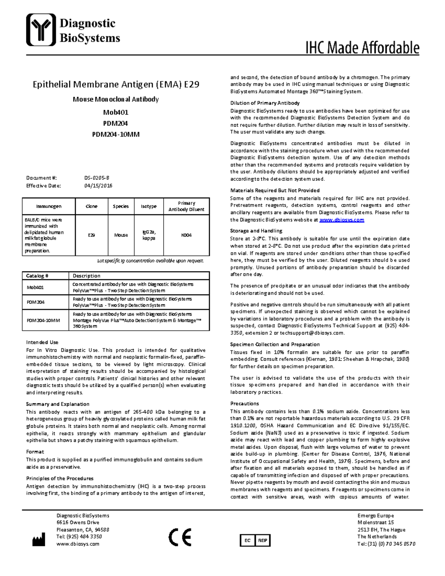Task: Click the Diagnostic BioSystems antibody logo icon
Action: (41, 30)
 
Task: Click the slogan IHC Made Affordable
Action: (362, 48)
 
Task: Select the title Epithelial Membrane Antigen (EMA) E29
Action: (116, 85)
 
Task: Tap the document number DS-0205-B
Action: (96, 178)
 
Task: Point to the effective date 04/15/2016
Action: (98, 186)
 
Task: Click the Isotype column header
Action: (148, 206)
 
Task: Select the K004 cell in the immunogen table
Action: (186, 235)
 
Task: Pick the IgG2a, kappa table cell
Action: (149, 235)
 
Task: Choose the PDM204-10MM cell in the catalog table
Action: (43, 320)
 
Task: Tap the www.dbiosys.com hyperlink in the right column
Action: (342, 220)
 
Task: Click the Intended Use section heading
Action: (42, 342)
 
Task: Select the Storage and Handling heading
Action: (256, 231)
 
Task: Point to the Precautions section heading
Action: (244, 404)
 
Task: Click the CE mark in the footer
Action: (180, 537)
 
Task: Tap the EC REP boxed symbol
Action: (255, 540)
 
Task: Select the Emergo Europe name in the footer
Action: (375, 516)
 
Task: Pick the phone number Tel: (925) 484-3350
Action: (79, 537)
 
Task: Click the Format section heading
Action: (35, 452)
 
